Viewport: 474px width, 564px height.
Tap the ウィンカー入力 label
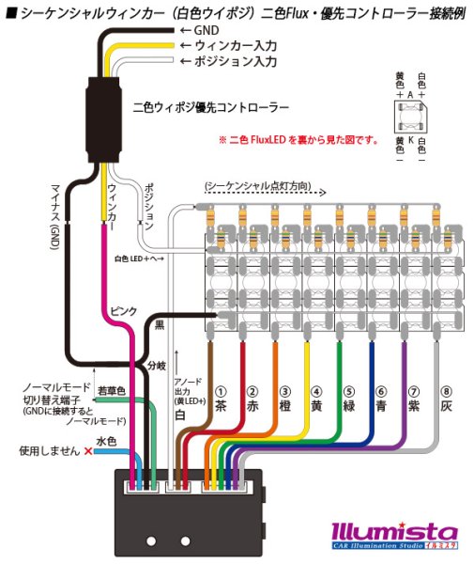[x=233, y=45]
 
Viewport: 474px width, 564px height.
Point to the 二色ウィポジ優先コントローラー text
[x=212, y=108]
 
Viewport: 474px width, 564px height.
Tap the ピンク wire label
[x=119, y=309]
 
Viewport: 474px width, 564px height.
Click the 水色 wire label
[x=105, y=440]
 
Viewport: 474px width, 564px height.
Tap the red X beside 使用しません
[x=87, y=452]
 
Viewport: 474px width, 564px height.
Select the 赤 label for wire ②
[x=252, y=408]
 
